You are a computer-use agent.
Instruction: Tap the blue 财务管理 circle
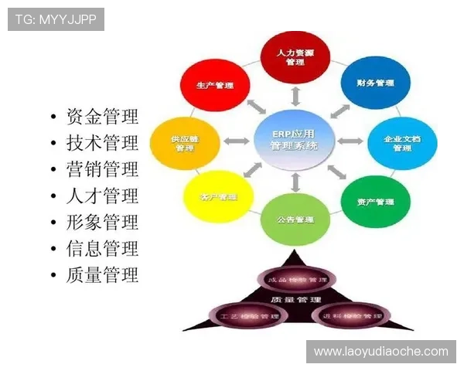click(x=375, y=82)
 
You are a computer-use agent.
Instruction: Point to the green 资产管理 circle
click(x=375, y=201)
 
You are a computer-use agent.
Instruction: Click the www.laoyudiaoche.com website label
click(x=380, y=352)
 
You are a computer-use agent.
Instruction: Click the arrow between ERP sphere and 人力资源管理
click(x=295, y=95)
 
